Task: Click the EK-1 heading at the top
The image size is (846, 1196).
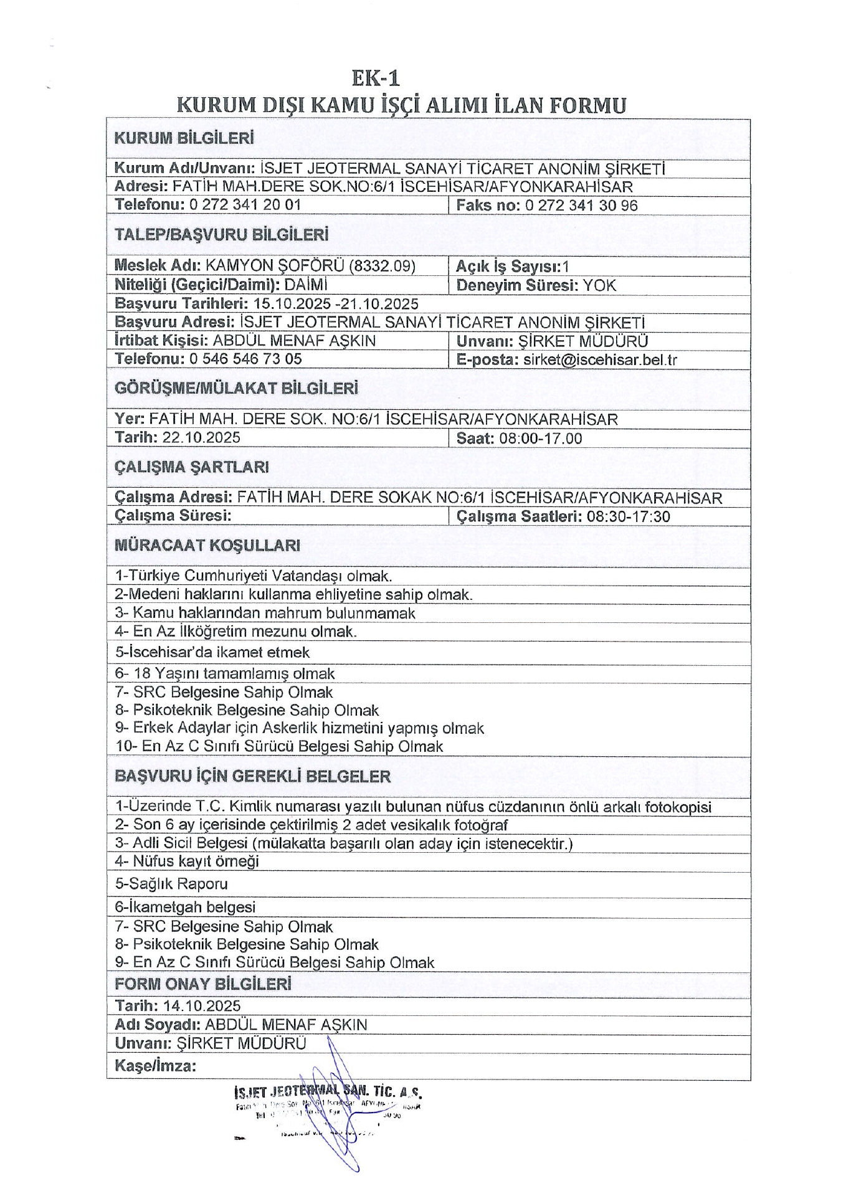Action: coord(376,78)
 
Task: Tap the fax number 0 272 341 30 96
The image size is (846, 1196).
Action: coord(581,206)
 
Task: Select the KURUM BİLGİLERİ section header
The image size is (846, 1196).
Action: coord(184,138)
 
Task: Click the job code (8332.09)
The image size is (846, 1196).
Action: coord(382,266)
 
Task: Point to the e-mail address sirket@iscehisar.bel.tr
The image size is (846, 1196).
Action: coord(599,360)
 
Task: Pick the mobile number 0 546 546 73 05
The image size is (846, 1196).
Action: coord(245,359)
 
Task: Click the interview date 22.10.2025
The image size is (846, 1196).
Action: coord(201,437)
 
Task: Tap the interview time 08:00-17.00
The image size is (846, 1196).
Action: coord(541,439)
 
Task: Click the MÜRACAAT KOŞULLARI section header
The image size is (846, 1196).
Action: coord(207,546)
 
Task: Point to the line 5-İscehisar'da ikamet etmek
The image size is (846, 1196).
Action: coord(212,652)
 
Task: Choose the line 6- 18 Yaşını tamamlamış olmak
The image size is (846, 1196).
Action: coord(225,673)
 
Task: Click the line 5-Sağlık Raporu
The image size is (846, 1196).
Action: coord(171,883)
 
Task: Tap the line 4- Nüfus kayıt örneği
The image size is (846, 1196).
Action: coord(187,861)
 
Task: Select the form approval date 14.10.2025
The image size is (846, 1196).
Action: coord(202,1005)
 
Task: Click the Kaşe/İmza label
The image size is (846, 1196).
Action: coord(155,1066)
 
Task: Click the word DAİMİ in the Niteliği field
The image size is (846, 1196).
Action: coord(306,285)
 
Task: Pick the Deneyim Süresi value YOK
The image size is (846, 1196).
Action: coord(599,286)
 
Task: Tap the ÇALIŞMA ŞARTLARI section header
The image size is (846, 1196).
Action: coord(192,467)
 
